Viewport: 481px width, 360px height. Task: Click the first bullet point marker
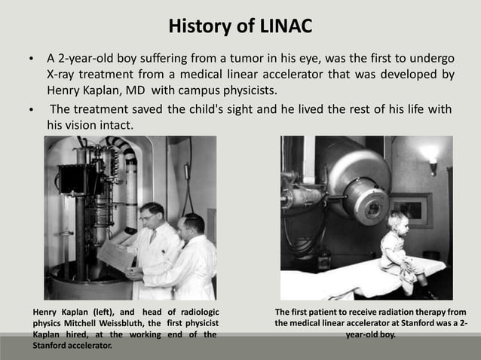click(30, 59)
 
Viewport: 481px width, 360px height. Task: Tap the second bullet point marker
click(30, 110)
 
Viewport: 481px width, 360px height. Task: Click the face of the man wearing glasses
click(153, 216)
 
